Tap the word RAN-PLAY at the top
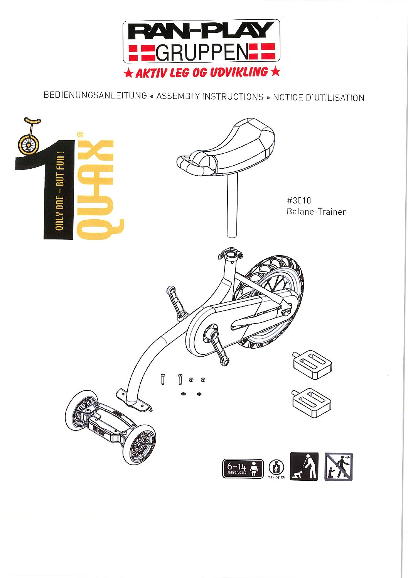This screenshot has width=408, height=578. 201,31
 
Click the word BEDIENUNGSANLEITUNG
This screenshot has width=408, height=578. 95,95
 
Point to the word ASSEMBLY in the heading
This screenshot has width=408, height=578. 178,96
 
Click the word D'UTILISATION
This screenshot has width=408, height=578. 335,98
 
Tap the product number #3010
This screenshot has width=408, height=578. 299,200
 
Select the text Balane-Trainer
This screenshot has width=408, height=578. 316,212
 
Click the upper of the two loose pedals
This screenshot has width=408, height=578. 312,364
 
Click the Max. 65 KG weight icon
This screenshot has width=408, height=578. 276,470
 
